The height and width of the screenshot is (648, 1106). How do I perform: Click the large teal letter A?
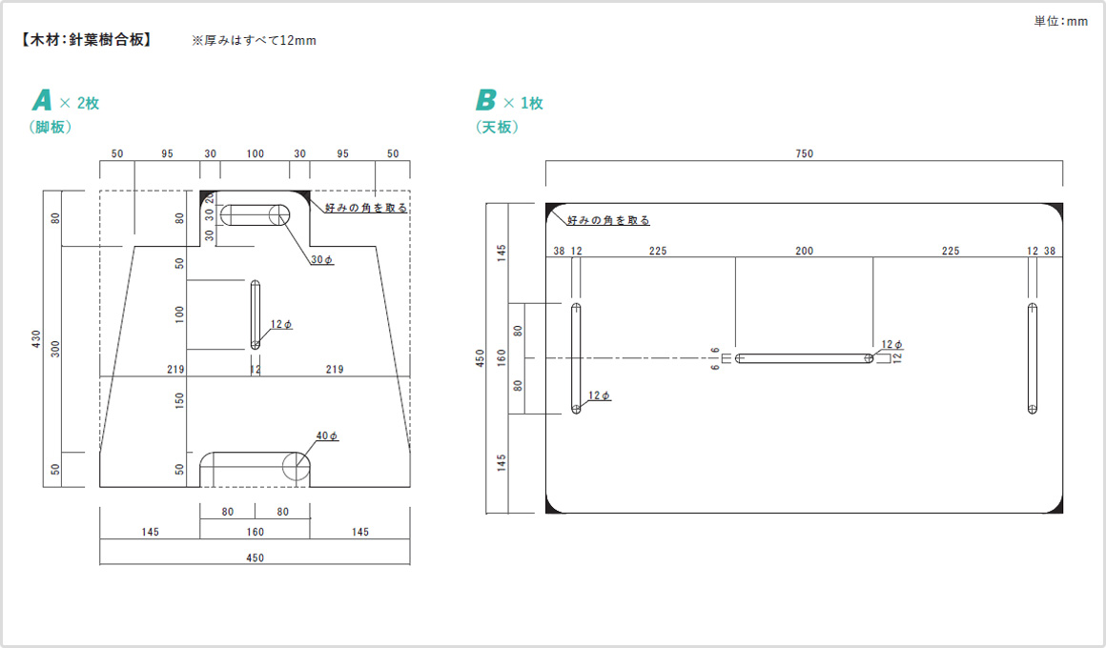41,101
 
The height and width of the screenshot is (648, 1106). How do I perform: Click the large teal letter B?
486,101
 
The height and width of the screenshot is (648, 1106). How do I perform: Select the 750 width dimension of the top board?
804,154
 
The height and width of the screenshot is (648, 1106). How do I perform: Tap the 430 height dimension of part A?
36,338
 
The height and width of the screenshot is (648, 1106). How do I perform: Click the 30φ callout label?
322,260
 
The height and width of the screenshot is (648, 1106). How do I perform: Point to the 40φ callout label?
327,435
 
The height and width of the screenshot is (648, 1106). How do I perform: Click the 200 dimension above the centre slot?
805,252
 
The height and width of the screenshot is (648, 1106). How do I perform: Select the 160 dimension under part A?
255,532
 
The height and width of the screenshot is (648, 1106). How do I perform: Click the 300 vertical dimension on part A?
56,348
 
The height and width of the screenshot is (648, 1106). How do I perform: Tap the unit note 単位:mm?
1060,21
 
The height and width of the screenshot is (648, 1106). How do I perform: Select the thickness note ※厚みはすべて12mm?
254,40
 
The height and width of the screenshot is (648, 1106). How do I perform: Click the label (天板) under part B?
497,127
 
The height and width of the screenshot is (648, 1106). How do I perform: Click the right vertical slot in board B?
1033,358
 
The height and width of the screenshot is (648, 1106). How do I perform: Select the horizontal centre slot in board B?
805,358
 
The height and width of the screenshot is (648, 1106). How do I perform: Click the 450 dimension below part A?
255,557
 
